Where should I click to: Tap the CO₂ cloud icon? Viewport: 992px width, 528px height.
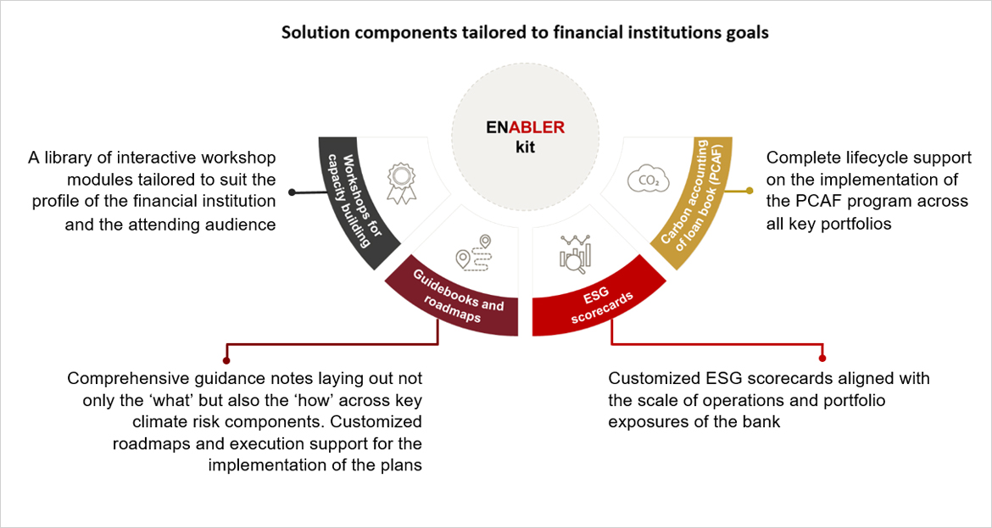coord(644,180)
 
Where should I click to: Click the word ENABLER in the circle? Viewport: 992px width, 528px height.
coord(525,128)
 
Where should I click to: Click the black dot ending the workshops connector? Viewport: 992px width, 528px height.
coord(292,192)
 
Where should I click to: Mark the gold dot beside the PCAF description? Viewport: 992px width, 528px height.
coord(750,191)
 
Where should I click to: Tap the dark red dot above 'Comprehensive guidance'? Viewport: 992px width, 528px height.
coord(225,358)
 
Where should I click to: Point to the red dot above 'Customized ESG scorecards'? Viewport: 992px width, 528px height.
coord(822,358)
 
